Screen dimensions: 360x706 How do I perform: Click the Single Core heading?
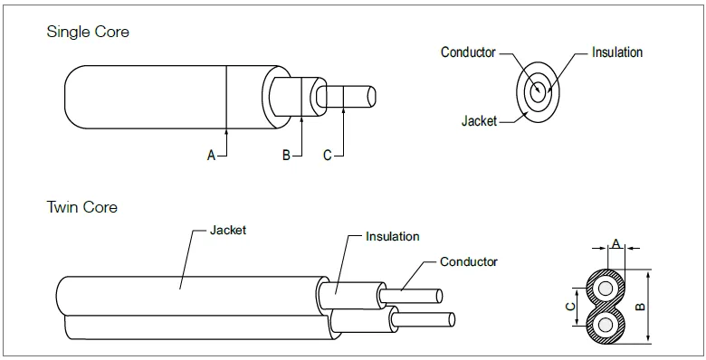(88, 32)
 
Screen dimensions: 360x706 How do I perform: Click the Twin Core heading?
(81, 207)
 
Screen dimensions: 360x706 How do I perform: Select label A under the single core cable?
(211, 156)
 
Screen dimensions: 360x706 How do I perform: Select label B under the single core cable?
(285, 156)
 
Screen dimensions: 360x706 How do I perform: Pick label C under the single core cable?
(327, 156)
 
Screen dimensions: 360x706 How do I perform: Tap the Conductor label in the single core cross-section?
(468, 52)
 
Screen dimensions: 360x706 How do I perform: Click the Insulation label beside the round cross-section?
(616, 52)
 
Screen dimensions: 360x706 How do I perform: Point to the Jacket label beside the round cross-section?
(479, 120)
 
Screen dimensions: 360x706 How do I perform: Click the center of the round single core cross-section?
(539, 90)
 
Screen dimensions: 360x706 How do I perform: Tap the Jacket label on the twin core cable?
(227, 231)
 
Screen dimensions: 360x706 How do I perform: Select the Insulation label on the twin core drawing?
(392, 237)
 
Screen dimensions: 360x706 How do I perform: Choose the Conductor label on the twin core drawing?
(468, 262)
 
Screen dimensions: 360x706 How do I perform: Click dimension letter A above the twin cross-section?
(616, 243)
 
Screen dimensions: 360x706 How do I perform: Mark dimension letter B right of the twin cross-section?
(641, 306)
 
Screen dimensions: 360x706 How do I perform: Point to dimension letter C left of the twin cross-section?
(568, 306)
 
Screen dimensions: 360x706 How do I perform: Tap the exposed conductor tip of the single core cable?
(358, 97)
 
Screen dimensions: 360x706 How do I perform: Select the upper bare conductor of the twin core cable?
(412, 297)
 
